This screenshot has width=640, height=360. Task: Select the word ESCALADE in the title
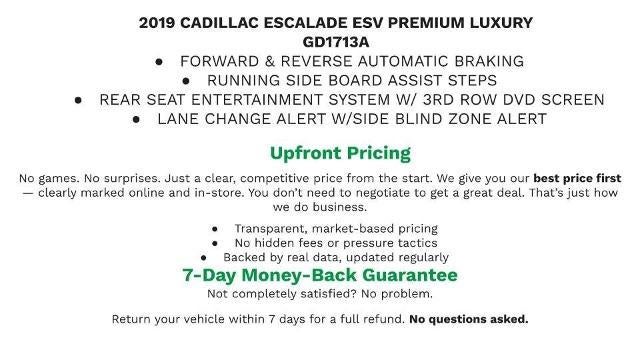pos(318,22)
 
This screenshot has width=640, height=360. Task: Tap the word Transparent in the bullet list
pos(273,229)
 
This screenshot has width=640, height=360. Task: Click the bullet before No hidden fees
pos(215,243)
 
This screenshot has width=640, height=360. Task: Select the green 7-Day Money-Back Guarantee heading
pos(320,274)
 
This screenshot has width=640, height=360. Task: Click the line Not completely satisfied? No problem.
pos(319,294)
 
